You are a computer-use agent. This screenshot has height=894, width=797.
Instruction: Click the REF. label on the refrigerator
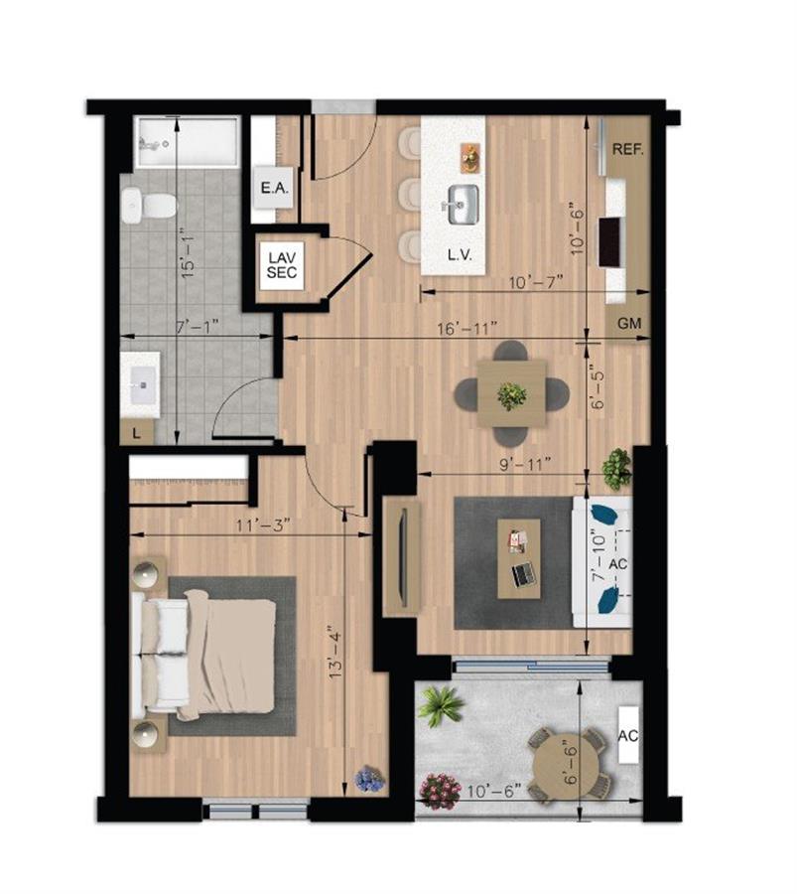pos(627,150)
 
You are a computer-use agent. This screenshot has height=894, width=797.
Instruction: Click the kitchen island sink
pos(460,206)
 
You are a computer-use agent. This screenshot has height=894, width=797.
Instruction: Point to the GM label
pos(628,324)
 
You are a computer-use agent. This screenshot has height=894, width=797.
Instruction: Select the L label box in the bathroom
pos(136,433)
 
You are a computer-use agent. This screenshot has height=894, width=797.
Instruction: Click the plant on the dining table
pos(512,395)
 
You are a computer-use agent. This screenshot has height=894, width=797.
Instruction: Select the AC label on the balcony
pos(627,736)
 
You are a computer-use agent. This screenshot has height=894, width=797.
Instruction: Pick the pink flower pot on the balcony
pos(440,791)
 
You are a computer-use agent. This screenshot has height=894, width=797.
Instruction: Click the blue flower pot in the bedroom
pos(369,780)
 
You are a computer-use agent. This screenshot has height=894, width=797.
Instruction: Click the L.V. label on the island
pos(458,255)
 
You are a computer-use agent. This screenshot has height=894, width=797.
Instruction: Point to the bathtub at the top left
pos(187,142)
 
